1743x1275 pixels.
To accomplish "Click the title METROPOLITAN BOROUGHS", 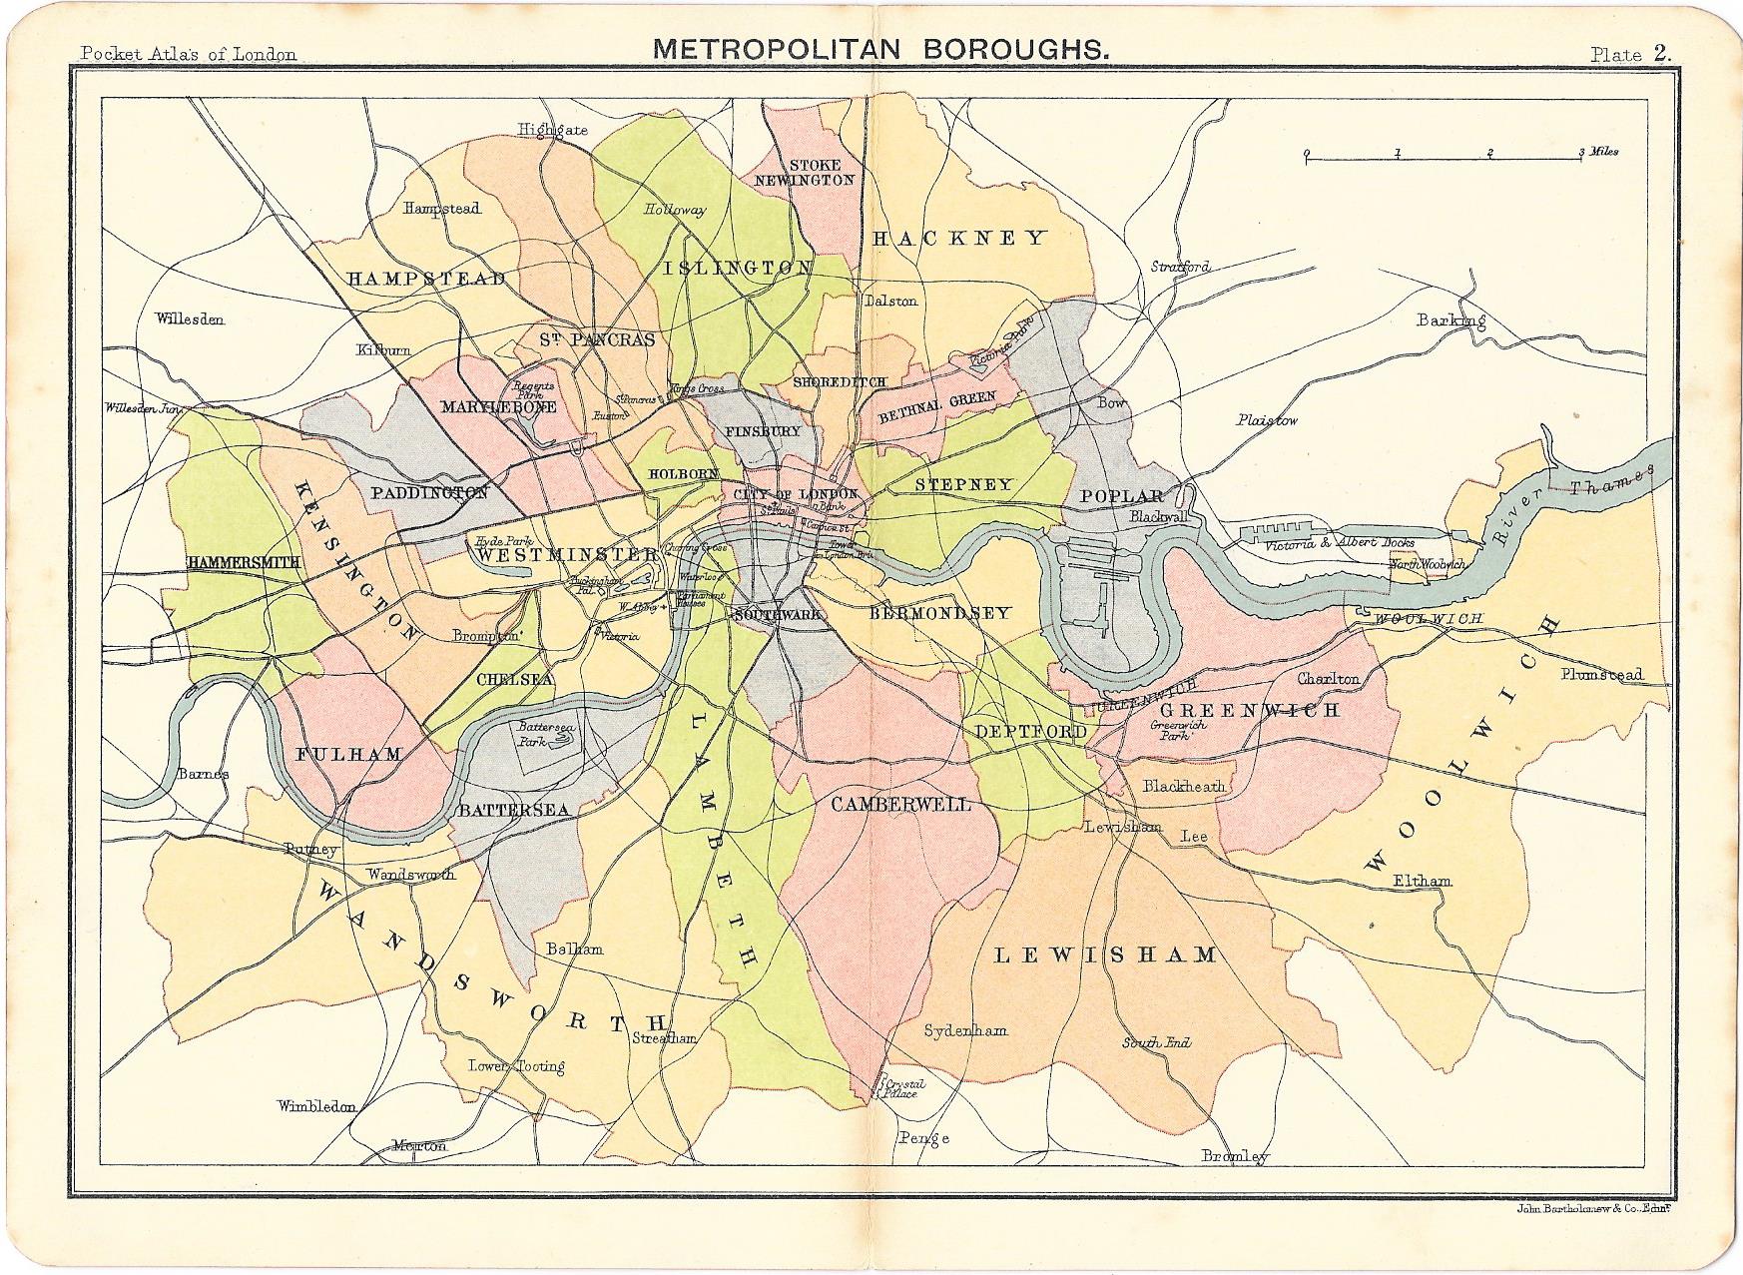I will pyautogui.click(x=878, y=49).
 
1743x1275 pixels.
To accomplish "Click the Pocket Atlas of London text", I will pyautogui.click(x=188, y=54).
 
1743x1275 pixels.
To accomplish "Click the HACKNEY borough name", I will pyautogui.click(x=958, y=238).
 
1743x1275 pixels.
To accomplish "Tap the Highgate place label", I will pyautogui.click(x=552, y=130).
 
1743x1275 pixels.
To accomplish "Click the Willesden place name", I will pyautogui.click(x=190, y=319).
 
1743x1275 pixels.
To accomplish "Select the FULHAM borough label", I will pyautogui.click(x=348, y=754).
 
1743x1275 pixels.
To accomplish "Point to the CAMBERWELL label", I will pyautogui.click(x=899, y=804).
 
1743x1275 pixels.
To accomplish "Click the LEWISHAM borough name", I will pyautogui.click(x=1107, y=955).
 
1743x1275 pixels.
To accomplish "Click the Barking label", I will pyautogui.click(x=1451, y=320).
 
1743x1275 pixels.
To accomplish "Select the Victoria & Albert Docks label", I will pyautogui.click(x=1339, y=544).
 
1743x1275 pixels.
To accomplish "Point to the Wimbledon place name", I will pyautogui.click(x=317, y=1106).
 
